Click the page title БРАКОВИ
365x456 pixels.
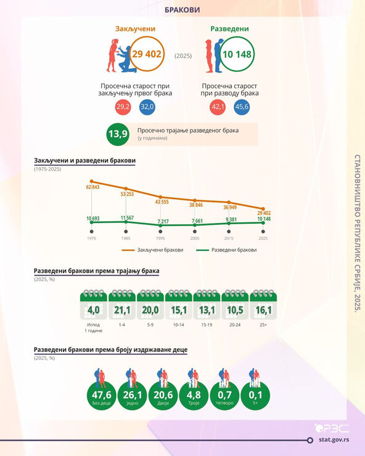tap(182, 10)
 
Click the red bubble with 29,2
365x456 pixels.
tap(123, 107)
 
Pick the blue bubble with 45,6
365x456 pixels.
tap(242, 107)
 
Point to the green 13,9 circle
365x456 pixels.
tap(118, 134)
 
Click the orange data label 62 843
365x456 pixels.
tap(93, 187)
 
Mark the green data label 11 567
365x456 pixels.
tap(127, 218)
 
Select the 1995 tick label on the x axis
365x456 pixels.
tap(160, 238)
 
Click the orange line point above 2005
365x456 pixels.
tap(195, 200)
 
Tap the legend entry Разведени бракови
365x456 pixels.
tap(226, 250)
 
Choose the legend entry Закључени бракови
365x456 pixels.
tap(152, 250)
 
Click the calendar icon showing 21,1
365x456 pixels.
tap(122, 304)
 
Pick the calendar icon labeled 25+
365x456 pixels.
tap(263, 304)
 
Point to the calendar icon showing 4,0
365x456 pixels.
tap(94, 304)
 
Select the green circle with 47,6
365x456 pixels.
tap(102, 396)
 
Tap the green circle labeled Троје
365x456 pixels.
tap(194, 396)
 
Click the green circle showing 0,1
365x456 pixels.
tap(255, 396)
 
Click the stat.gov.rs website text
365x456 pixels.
tap(334, 440)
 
